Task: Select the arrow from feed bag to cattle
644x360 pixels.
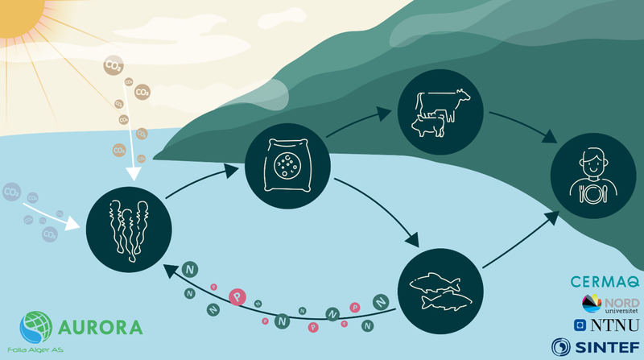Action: (x=361, y=128)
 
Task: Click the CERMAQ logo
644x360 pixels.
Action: (x=604, y=282)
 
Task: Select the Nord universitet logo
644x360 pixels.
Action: (x=610, y=304)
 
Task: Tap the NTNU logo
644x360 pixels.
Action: (x=608, y=325)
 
